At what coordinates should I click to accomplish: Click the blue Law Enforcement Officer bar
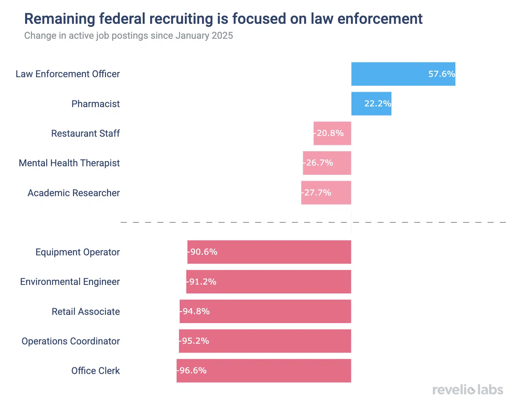(403, 74)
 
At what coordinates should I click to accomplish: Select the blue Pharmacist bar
(371, 104)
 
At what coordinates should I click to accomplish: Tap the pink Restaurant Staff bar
(332, 133)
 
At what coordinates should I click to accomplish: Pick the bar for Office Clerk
(264, 371)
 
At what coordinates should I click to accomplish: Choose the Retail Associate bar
(265, 311)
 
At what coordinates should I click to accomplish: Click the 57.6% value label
(441, 74)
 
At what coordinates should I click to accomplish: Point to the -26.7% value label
(318, 163)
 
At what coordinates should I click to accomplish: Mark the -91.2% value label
(201, 282)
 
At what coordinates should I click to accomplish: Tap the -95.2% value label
(194, 341)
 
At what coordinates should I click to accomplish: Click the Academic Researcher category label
(73, 193)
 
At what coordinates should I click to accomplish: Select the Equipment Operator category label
(77, 252)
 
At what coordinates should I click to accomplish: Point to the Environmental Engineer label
(70, 282)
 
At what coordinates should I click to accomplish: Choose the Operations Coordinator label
(71, 341)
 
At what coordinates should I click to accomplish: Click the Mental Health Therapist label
(69, 163)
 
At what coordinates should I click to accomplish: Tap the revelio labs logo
(468, 390)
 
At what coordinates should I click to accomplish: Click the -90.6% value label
(202, 252)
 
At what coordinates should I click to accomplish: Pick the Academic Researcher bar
(326, 193)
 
